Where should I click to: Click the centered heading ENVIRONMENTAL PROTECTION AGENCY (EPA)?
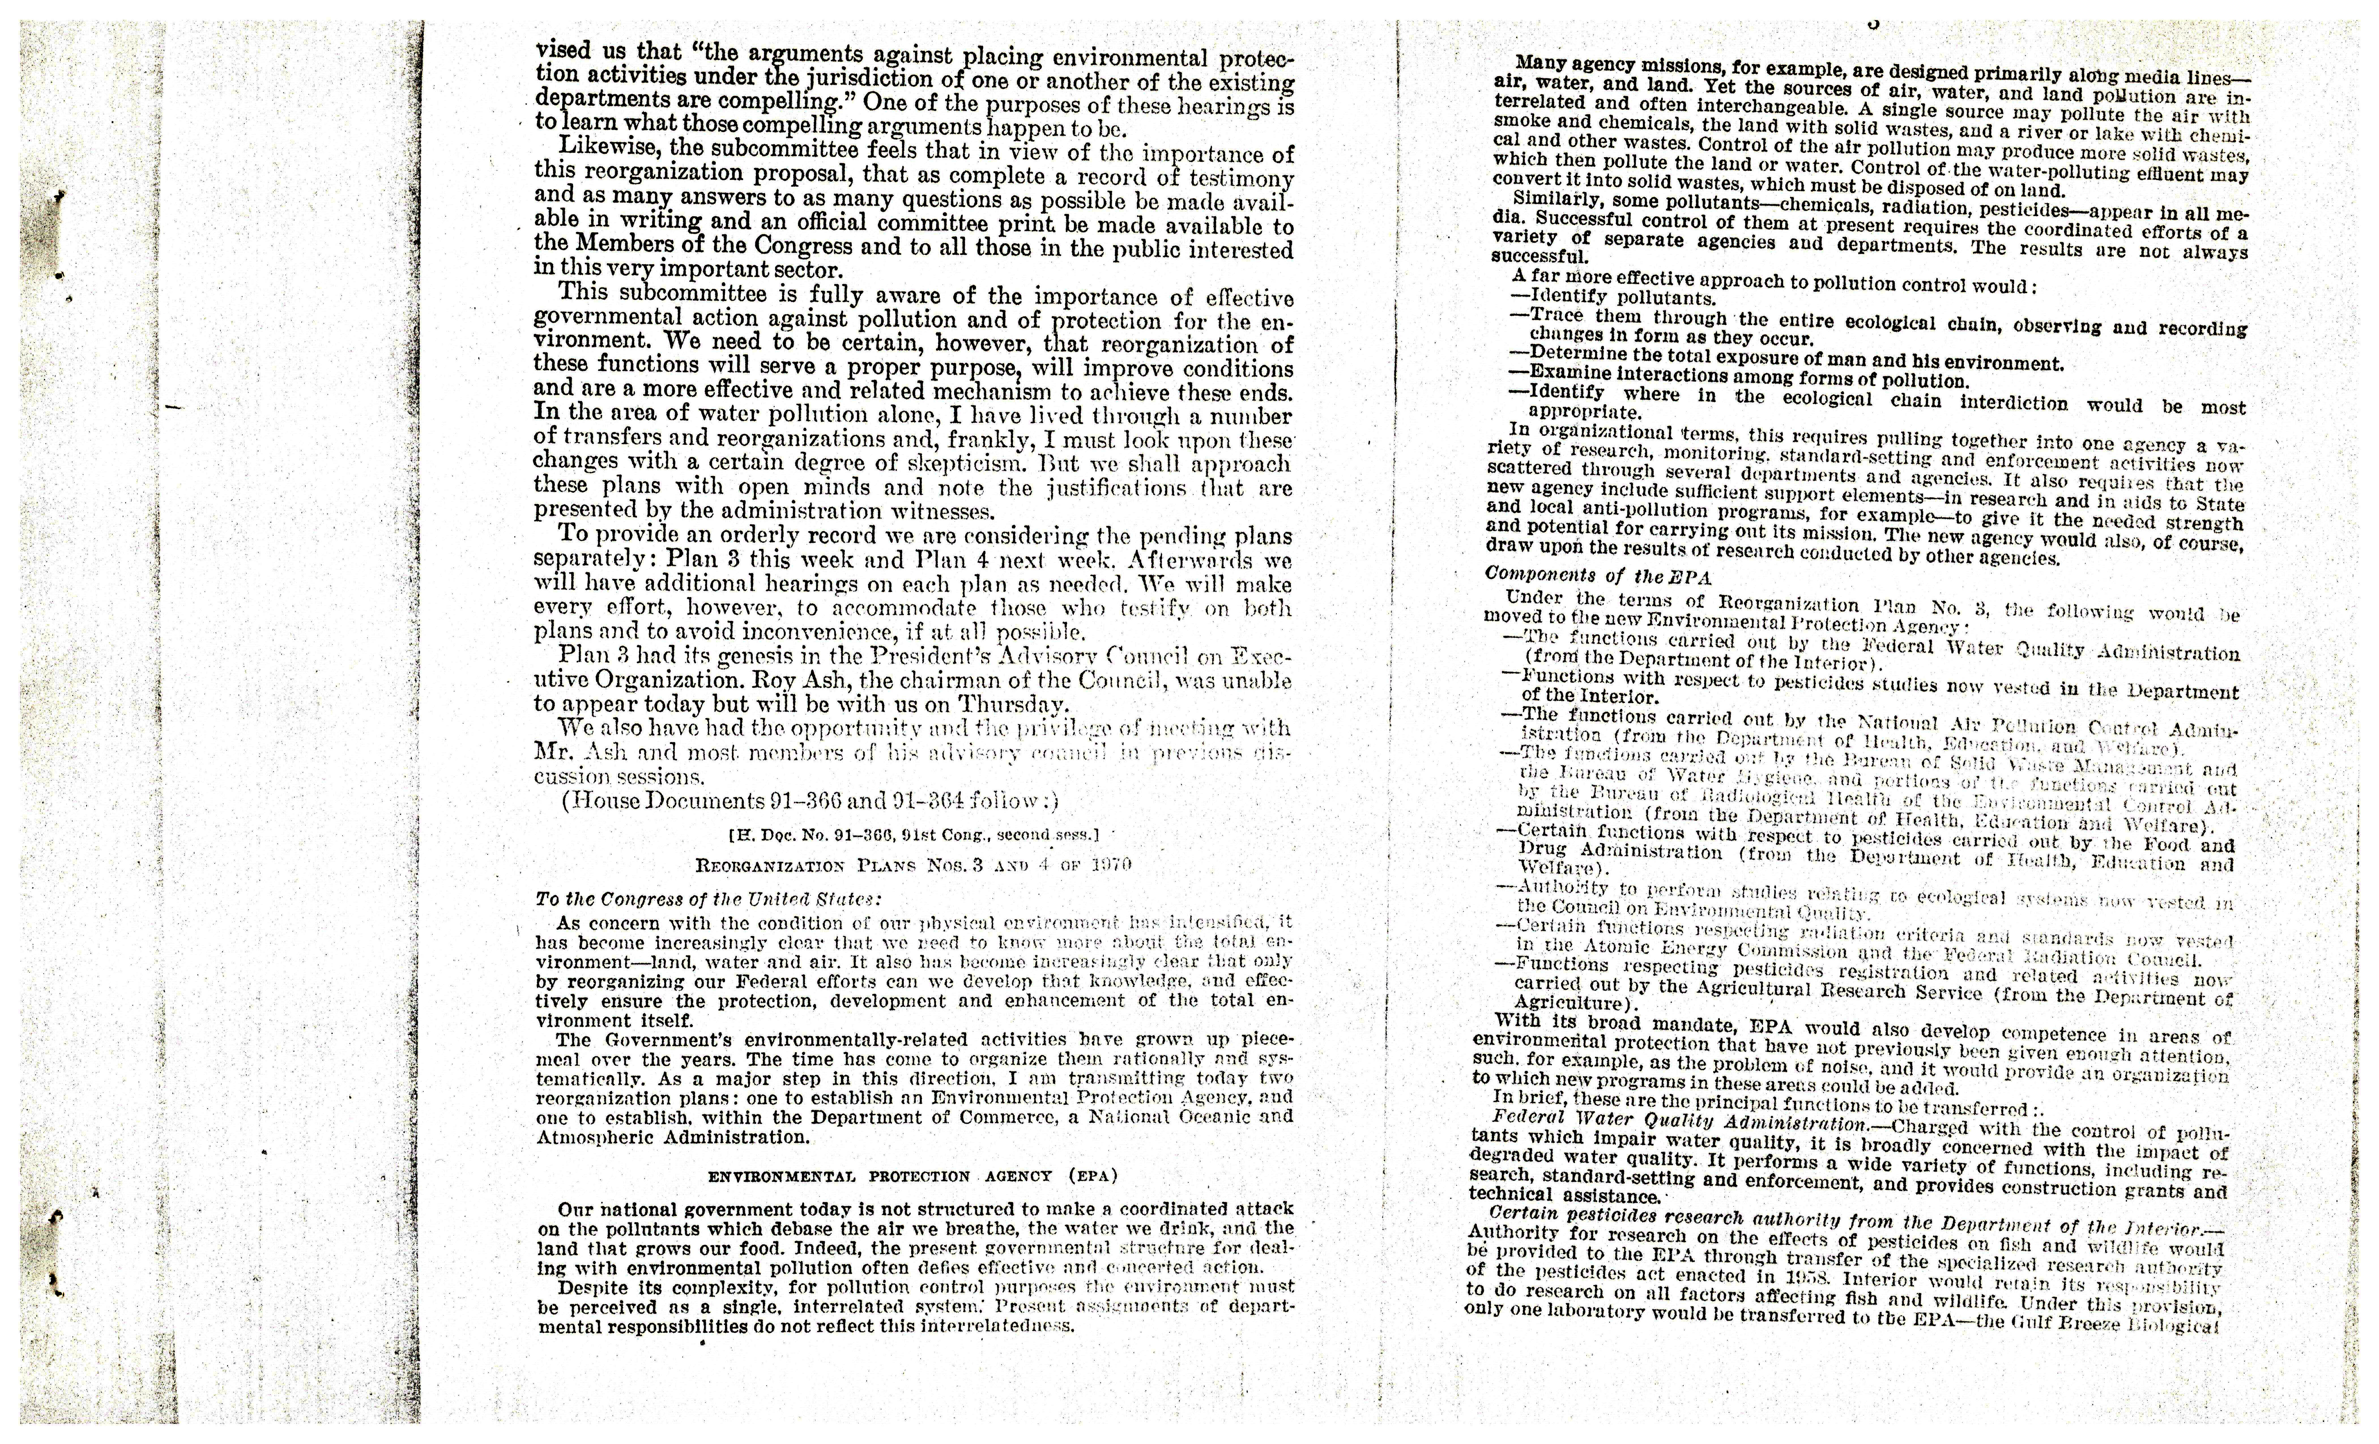(x=913, y=1177)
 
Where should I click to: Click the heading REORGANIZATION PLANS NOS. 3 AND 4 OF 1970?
(x=913, y=865)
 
